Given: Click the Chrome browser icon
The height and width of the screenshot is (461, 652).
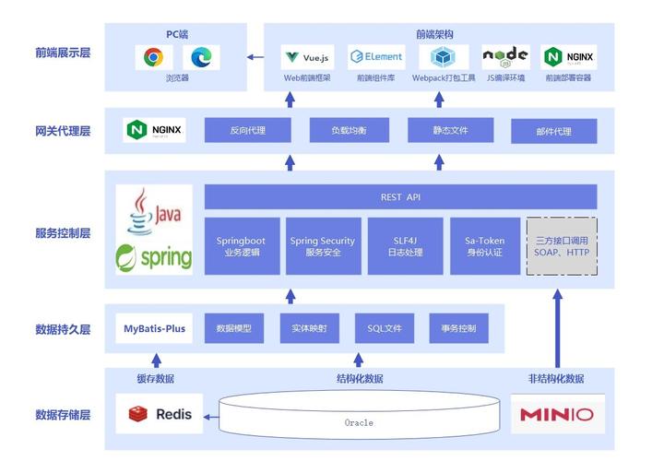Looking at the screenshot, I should (x=153, y=57).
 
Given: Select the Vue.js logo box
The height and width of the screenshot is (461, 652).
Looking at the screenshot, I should (x=307, y=57).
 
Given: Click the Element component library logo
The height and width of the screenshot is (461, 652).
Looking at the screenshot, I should (x=376, y=57).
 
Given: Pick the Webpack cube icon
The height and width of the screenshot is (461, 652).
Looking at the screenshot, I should (x=444, y=57).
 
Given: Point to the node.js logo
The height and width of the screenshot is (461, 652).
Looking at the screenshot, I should (x=505, y=57).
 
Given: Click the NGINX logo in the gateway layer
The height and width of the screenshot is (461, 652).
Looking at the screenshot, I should (x=155, y=130).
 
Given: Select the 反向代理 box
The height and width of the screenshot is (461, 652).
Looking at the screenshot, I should (x=247, y=131).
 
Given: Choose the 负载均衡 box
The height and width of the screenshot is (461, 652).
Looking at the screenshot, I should (x=349, y=131).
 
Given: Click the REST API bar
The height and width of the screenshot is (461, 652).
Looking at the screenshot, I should (x=400, y=196).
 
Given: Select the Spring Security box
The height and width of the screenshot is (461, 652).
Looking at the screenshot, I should (x=322, y=246).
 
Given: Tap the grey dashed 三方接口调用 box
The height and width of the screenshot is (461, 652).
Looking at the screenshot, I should (x=562, y=246).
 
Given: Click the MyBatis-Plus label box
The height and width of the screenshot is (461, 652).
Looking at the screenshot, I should (x=155, y=328).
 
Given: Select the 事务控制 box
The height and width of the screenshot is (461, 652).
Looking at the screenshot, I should (x=458, y=328).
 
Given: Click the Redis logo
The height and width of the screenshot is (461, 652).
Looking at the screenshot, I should (x=160, y=414).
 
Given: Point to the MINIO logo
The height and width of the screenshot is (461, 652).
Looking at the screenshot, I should (x=557, y=414).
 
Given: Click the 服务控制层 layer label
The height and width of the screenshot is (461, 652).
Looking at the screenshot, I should (x=63, y=233).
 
